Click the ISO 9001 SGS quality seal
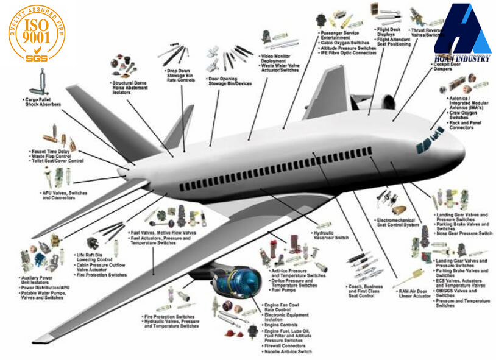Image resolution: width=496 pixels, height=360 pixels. (35, 35)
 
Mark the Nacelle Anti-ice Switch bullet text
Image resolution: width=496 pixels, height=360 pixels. (289, 352)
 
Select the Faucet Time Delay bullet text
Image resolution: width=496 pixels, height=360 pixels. (51, 151)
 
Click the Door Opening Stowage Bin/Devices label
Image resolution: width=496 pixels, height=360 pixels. (231, 82)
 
